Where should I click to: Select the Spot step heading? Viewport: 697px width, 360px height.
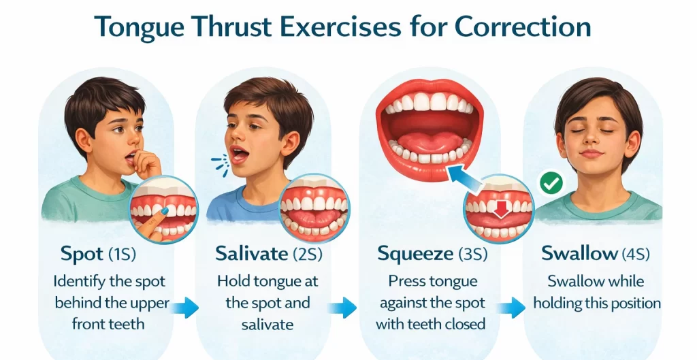click(x=82, y=255)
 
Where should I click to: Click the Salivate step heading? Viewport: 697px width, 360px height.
click(x=251, y=254)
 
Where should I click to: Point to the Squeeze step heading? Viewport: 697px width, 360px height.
click(x=415, y=255)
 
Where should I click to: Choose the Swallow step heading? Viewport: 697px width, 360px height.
click(x=579, y=254)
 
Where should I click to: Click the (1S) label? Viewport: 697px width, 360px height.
click(x=123, y=255)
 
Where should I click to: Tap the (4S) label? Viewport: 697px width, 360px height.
click(x=635, y=255)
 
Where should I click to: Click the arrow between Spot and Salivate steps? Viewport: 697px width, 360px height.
click(x=184, y=308)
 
